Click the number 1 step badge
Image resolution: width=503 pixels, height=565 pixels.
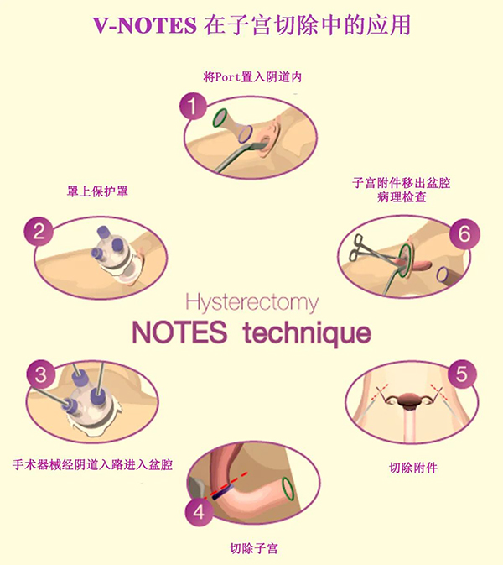click(x=193, y=107)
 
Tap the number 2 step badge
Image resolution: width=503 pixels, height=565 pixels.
click(x=39, y=232)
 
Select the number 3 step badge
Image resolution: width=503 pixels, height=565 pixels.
click(x=41, y=374)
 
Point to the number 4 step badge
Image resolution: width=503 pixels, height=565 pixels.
click(x=200, y=511)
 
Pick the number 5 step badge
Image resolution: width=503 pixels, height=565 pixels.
click(x=462, y=374)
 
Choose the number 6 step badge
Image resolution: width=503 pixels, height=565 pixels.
click(x=464, y=234)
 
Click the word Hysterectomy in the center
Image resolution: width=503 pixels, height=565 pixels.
click(x=252, y=303)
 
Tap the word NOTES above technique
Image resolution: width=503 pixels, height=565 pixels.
click(x=180, y=332)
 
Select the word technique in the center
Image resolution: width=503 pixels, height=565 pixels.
click(x=307, y=333)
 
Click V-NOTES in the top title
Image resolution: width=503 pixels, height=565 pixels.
click(x=145, y=25)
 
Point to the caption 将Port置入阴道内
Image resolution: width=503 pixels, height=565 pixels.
click(x=252, y=76)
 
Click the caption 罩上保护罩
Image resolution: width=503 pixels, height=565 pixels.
click(x=97, y=191)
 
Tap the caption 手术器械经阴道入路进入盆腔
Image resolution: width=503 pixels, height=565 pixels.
click(x=92, y=464)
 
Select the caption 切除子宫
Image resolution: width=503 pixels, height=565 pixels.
click(x=254, y=548)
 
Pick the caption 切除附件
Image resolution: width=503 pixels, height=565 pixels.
click(x=413, y=468)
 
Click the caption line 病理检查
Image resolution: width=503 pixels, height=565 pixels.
click(x=402, y=197)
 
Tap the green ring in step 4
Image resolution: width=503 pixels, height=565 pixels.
click(x=288, y=489)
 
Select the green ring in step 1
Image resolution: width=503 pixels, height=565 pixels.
click(x=220, y=118)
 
